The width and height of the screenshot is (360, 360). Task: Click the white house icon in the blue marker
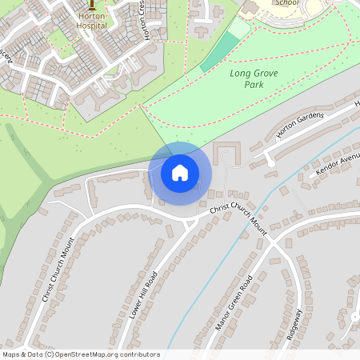(180, 172)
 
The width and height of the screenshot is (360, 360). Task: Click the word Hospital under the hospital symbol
(91, 26)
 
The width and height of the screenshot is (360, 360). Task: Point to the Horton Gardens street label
(299, 126)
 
